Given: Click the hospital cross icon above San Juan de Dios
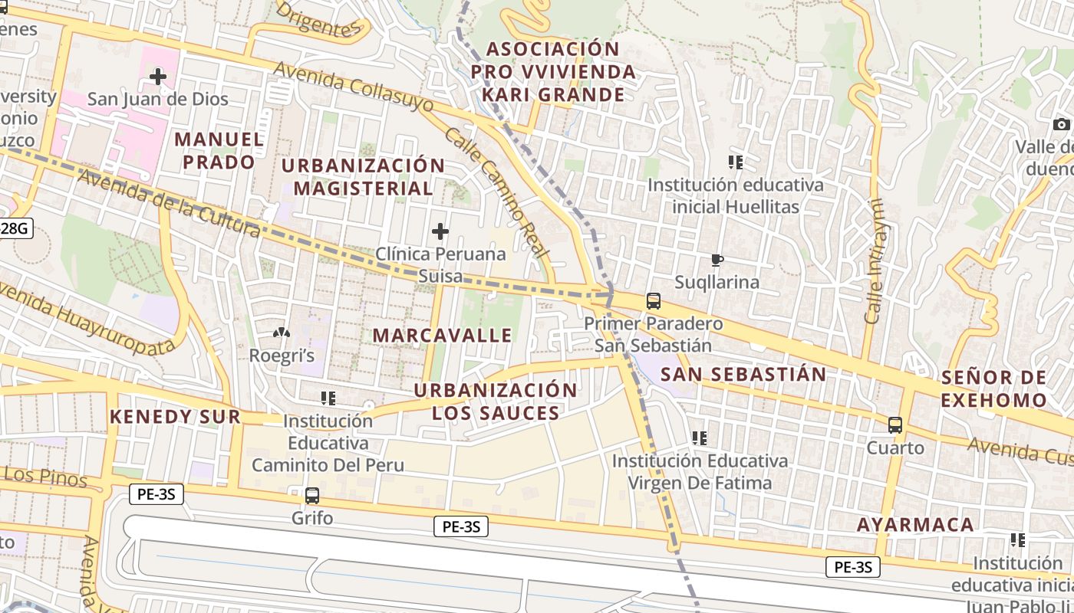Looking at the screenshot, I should pos(158,77).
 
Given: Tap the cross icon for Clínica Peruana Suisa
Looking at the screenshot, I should pos(440,231).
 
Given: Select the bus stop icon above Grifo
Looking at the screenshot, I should pos(312,495).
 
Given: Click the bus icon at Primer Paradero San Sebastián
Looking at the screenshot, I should pos(654,301).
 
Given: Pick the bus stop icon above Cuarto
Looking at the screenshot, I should pos(895,425).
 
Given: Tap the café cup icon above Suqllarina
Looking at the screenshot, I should pos(717,261).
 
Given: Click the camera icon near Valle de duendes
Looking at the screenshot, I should pos(1062,124).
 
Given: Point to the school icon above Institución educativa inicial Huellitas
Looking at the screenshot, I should pos(736,162).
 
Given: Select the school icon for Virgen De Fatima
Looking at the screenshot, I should pos(699,438).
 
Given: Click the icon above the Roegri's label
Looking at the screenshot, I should pos(282,333).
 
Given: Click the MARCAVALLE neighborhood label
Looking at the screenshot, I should pos(443,336).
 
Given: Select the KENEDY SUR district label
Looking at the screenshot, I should pos(175,417).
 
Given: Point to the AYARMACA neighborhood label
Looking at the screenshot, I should pos(915,525).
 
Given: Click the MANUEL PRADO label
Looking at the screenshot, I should pos(219,151).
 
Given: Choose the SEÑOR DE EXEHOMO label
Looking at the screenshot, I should pos(993,388).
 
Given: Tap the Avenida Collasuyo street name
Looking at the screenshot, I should pos(353,93).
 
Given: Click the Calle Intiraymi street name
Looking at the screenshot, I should pos(873,262).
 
